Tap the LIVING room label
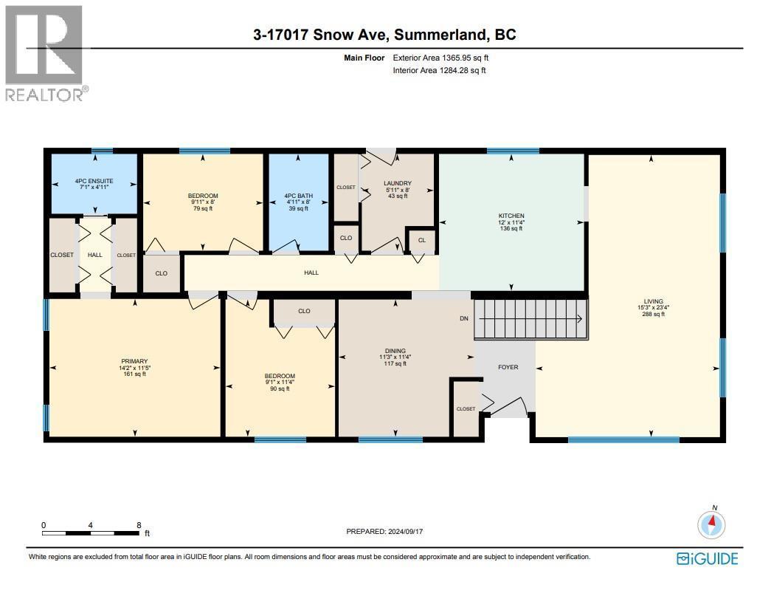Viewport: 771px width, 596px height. pos(653,301)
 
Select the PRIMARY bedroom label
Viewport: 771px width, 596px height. pos(134,361)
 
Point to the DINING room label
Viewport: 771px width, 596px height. pos(395,352)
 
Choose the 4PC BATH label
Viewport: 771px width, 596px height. pos(298,196)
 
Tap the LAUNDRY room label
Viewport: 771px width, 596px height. pos(397,183)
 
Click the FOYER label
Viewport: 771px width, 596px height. pos(508,367)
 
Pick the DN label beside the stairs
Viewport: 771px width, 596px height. pos(463,319)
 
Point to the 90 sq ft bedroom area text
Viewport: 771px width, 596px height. pos(280,388)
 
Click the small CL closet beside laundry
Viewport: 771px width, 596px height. pos(421,240)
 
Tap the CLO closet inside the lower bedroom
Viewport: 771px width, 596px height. pos(304,311)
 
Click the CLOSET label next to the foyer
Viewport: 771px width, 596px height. pos(466,408)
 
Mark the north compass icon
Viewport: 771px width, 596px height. pos(712,525)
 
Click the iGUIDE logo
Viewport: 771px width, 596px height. pos(708,558)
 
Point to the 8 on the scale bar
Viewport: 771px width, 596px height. pos(139,525)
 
